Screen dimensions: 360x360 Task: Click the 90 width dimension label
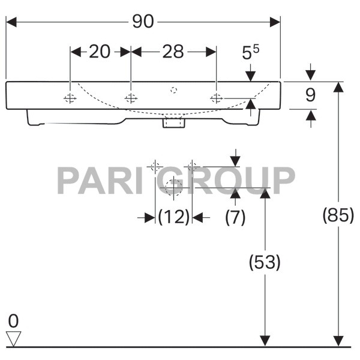pos(143,22)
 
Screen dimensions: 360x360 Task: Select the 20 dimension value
pos(100,52)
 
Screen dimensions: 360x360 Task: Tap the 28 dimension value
pos(173,52)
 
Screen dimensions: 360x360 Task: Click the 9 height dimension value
pos(310,94)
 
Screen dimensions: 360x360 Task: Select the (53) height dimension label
pos(263,262)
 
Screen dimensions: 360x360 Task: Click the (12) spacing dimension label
pos(174,218)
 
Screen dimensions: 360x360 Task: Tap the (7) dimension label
pos(235,218)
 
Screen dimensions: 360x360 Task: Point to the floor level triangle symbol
pos(13,339)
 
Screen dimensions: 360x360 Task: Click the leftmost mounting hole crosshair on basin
pos(70,98)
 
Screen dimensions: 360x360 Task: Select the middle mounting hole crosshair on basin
pos(130,98)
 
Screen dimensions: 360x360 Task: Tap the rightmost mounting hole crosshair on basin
pos(216,98)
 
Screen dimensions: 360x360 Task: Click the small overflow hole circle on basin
pos(173,91)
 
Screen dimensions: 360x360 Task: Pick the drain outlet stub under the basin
pos(173,124)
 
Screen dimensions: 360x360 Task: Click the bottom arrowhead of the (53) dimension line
pos(263,340)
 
